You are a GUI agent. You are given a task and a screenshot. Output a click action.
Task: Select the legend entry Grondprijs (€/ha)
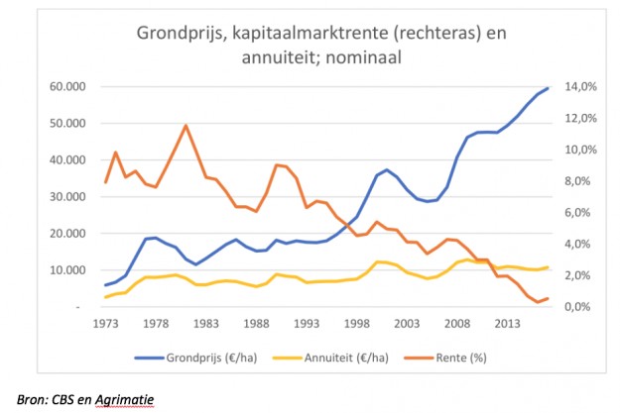217,357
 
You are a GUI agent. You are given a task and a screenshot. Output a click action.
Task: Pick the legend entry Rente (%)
452,357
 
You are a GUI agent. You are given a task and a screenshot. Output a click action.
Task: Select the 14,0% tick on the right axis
579,87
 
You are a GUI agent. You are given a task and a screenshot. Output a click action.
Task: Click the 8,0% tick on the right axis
579,181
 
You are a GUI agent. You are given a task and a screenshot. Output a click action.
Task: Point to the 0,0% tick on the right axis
579,307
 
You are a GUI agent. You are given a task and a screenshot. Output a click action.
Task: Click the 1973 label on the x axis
106,323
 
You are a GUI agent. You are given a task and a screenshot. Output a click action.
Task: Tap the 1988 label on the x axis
256,323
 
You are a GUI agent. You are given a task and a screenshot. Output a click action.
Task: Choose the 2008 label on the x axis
456,323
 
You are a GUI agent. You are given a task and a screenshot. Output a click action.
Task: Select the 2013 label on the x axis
507,323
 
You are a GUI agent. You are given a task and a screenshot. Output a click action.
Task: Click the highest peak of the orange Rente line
186,126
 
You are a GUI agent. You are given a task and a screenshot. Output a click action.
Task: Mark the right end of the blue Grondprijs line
548,88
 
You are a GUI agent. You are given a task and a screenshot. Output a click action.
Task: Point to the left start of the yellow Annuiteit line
106,297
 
